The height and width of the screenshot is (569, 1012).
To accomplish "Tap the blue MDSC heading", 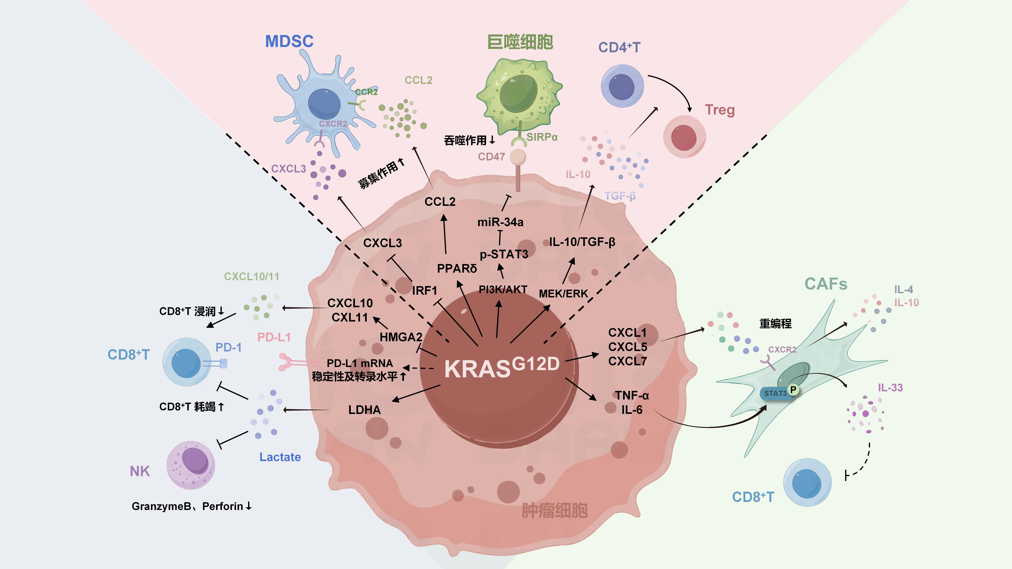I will [x=289, y=41].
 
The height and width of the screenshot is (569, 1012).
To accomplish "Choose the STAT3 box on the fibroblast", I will [x=775, y=393].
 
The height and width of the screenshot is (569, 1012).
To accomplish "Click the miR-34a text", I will [x=500, y=222].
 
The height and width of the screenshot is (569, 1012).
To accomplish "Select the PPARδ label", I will [x=457, y=269].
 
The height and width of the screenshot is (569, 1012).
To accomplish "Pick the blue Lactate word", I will [x=280, y=457].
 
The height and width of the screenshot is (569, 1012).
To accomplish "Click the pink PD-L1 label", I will [x=274, y=337].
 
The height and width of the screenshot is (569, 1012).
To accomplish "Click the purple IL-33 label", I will [x=890, y=388].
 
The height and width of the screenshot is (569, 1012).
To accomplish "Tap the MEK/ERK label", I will [x=563, y=293].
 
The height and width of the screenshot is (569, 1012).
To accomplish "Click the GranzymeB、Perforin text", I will [x=191, y=506].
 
